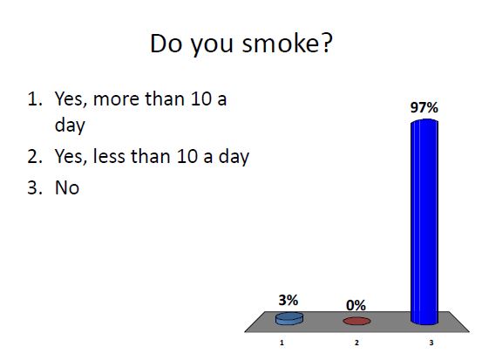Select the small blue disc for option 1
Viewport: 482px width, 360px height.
[289, 318]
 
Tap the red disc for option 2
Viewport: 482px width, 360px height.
[356, 321]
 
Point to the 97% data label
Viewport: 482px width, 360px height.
[424, 108]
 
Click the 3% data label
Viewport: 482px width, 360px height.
[289, 299]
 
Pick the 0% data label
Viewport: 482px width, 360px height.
[356, 305]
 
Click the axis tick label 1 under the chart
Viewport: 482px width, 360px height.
[282, 343]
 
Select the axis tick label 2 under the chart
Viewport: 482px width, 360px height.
[356, 343]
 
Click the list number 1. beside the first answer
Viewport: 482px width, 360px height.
[34, 98]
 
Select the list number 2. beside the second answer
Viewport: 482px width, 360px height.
[34, 157]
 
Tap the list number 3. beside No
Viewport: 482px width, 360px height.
[34, 187]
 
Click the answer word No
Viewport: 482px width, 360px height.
[67, 187]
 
